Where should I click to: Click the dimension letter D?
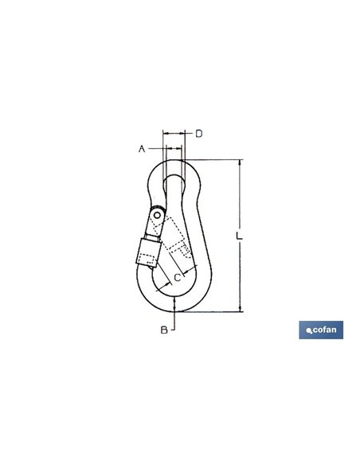coord(199,134)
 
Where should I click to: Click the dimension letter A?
coord(142,148)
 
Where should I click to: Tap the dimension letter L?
coord(239,236)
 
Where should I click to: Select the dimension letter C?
coord(178,278)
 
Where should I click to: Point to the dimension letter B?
coord(164,330)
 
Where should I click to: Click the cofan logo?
coord(321,330)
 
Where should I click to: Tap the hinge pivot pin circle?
coord(157,214)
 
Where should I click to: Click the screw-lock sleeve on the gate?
coord(148,252)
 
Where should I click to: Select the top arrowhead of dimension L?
coord(240,162)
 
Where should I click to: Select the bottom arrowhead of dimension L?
coord(240,309)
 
